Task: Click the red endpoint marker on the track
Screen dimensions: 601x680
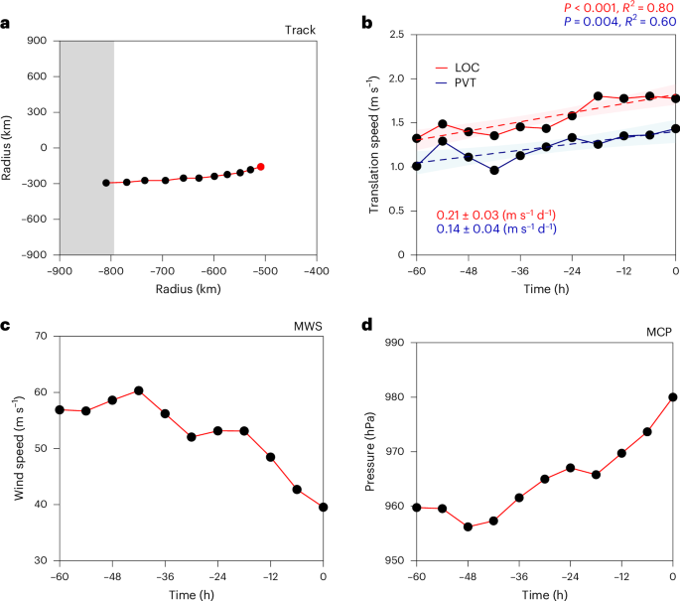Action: click(x=261, y=167)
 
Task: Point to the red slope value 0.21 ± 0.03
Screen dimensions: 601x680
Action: click(x=495, y=215)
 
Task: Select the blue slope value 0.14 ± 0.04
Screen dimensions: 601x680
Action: click(x=495, y=228)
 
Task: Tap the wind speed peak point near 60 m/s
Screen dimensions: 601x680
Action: click(x=139, y=390)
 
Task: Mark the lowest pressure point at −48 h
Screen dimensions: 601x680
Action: click(x=468, y=526)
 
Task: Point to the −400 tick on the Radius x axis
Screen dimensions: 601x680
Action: click(x=316, y=268)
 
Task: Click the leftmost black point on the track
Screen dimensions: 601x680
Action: click(x=106, y=183)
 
